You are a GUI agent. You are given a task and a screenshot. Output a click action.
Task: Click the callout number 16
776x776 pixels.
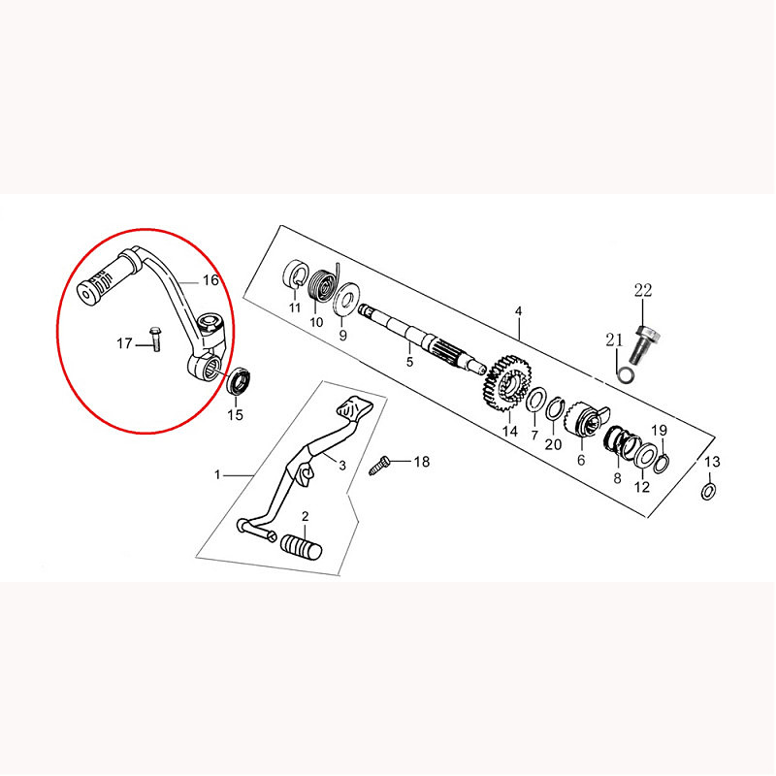tap(210, 280)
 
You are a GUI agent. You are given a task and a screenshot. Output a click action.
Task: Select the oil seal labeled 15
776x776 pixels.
tap(239, 380)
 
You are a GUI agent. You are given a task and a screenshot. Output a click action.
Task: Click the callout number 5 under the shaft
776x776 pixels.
tap(409, 362)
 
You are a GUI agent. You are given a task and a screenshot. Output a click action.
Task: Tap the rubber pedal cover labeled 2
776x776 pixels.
tap(301, 546)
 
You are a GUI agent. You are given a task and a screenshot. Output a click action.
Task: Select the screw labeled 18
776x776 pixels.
tap(379, 466)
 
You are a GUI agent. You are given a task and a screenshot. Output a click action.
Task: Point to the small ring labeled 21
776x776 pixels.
tap(627, 374)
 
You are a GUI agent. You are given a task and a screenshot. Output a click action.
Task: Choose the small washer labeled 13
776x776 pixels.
tap(709, 492)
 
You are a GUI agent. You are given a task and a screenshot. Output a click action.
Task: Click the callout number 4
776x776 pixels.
tap(518, 311)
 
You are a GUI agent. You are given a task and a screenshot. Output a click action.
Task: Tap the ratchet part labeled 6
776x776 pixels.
tap(587, 420)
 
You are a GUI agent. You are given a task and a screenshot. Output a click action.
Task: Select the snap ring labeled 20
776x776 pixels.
tap(554, 407)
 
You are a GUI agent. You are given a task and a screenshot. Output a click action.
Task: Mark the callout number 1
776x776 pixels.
tap(217, 475)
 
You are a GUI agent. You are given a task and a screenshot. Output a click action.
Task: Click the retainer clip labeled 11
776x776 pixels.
tap(296, 275)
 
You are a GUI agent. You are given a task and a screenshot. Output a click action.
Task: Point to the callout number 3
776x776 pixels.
tap(342, 466)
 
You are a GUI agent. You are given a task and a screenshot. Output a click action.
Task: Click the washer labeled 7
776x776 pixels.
tap(535, 401)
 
